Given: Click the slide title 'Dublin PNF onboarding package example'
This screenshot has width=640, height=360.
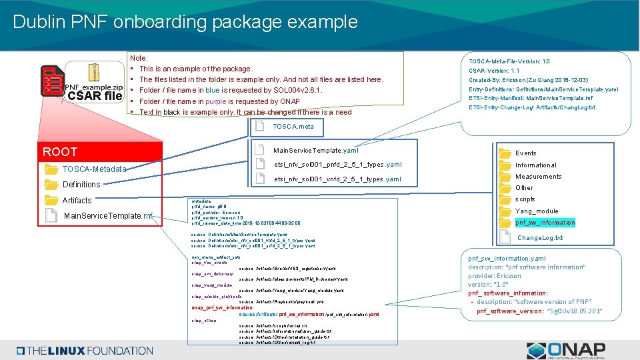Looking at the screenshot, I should click(185, 21).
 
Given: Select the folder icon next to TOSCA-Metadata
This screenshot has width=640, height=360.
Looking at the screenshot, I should click(51, 169).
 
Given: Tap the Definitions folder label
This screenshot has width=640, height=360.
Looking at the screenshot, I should click(81, 185).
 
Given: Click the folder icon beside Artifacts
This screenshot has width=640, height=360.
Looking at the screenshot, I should click(51, 200).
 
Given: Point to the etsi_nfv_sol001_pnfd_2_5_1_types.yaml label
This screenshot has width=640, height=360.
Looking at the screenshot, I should click(337, 165).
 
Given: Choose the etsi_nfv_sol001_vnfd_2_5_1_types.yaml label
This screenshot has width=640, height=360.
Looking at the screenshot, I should click(337, 179).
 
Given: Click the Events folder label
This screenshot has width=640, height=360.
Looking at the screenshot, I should click(525, 153).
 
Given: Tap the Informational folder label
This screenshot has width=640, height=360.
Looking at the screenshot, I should click(535, 165).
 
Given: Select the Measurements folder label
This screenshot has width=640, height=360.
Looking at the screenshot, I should click(538, 177).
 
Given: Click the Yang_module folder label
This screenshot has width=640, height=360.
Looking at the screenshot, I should click(536, 211).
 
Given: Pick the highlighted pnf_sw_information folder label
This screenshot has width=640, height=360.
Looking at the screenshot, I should click(545, 223).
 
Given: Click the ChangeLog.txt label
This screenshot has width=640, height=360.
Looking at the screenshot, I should click(540, 238).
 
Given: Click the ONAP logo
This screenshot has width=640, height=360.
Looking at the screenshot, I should click(566, 349).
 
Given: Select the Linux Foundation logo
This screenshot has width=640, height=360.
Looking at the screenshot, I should click(85, 351).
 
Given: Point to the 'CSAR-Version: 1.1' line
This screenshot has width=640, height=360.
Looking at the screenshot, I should click(494, 71).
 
